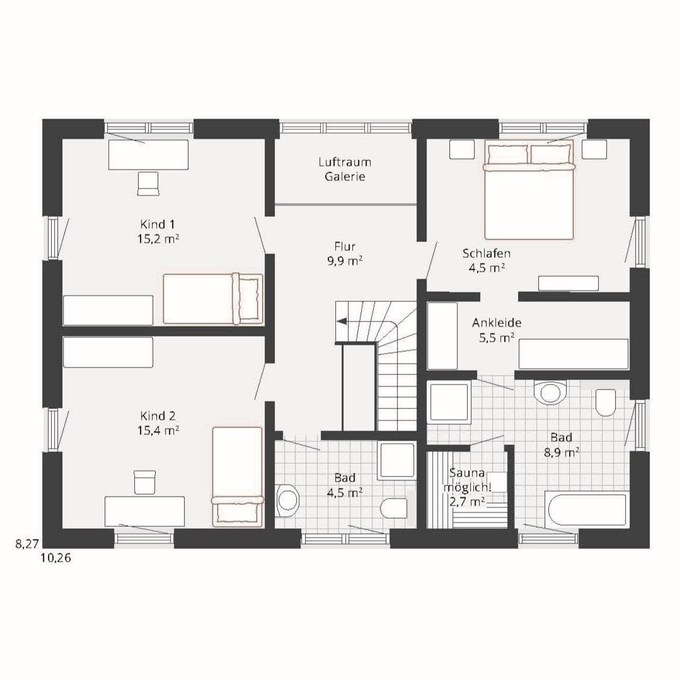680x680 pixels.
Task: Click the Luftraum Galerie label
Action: click(345, 169)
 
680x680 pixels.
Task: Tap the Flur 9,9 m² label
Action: click(345, 254)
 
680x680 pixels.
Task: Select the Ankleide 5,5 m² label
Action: click(497, 330)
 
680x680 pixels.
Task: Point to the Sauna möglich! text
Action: click(467, 480)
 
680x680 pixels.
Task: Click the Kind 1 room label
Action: click(158, 224)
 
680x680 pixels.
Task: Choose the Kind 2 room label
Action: click(158, 416)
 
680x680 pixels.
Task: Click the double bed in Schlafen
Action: click(529, 190)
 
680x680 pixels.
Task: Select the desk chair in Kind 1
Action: click(148, 183)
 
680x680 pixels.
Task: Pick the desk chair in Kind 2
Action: click(144, 482)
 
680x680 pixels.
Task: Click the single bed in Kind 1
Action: click(213, 299)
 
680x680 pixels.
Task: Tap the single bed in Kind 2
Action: click(237, 476)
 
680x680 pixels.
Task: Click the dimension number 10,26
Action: click(56, 558)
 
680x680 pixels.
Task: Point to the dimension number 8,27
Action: click(27, 543)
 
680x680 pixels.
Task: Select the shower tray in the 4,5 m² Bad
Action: click(396, 461)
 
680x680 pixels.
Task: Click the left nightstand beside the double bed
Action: click(462, 149)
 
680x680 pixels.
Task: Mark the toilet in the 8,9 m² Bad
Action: click(606, 402)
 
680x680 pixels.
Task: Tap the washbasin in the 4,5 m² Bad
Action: click(287, 500)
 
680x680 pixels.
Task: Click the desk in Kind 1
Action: click(148, 154)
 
